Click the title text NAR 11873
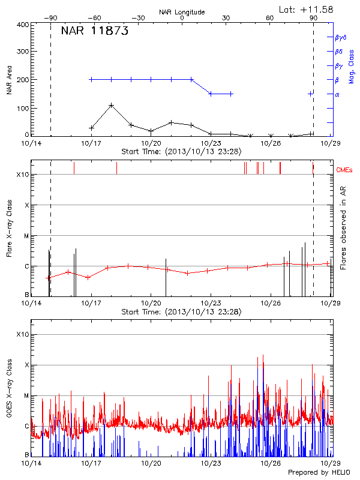(x=95, y=32)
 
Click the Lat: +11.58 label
(x=307, y=9)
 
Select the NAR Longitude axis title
(x=182, y=12)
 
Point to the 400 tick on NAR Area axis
(x=22, y=25)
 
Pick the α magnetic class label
(x=337, y=94)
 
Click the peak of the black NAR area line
(x=112, y=105)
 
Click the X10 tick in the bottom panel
(x=22, y=334)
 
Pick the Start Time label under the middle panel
(x=181, y=312)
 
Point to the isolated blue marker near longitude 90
(x=310, y=94)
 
